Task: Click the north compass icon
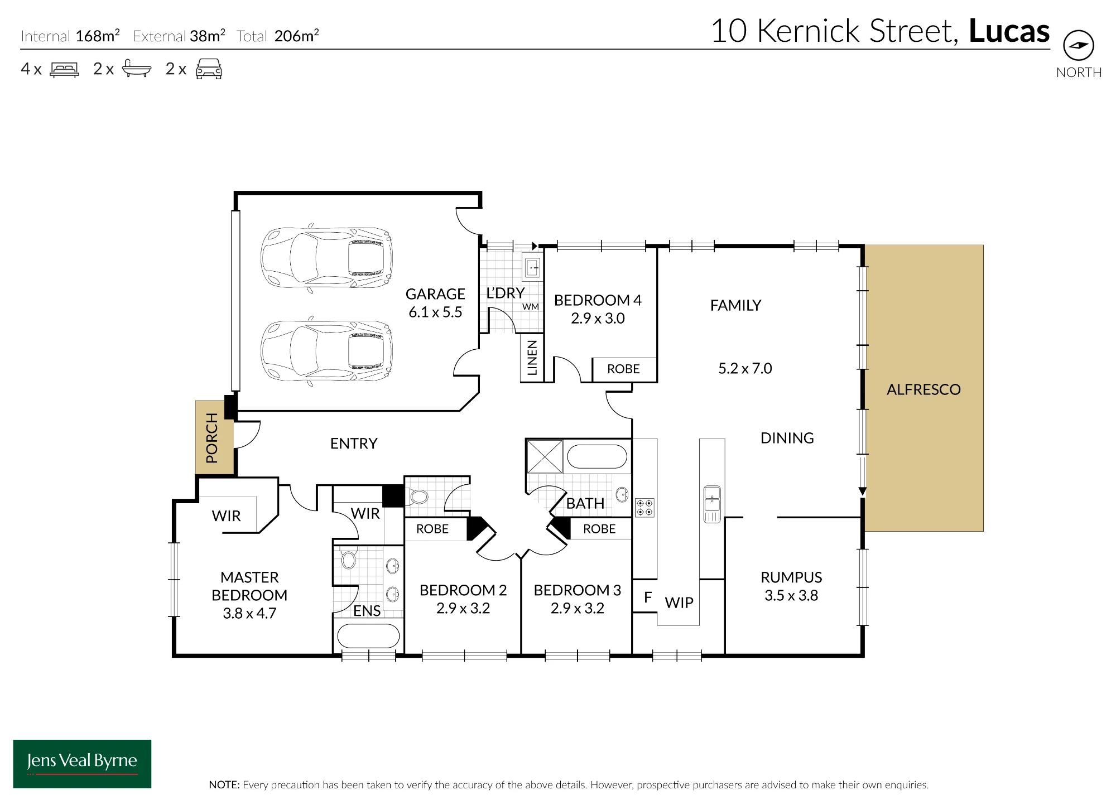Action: (x=1079, y=45)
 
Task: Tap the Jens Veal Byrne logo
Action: (x=82, y=764)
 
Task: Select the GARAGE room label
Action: (x=435, y=294)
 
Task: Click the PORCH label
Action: (x=211, y=438)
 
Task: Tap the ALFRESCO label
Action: (x=923, y=389)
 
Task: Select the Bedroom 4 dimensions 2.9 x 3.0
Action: (x=598, y=319)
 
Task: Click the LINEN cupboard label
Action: (x=532, y=358)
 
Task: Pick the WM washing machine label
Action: (x=531, y=307)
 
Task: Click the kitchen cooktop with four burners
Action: (x=644, y=508)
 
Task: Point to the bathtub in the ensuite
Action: (x=368, y=636)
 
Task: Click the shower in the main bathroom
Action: (x=544, y=456)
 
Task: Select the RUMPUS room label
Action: (x=791, y=577)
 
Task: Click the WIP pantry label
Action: (x=679, y=603)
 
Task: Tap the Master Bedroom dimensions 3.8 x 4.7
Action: (x=249, y=614)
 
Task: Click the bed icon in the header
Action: (x=65, y=69)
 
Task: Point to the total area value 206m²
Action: (x=297, y=36)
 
